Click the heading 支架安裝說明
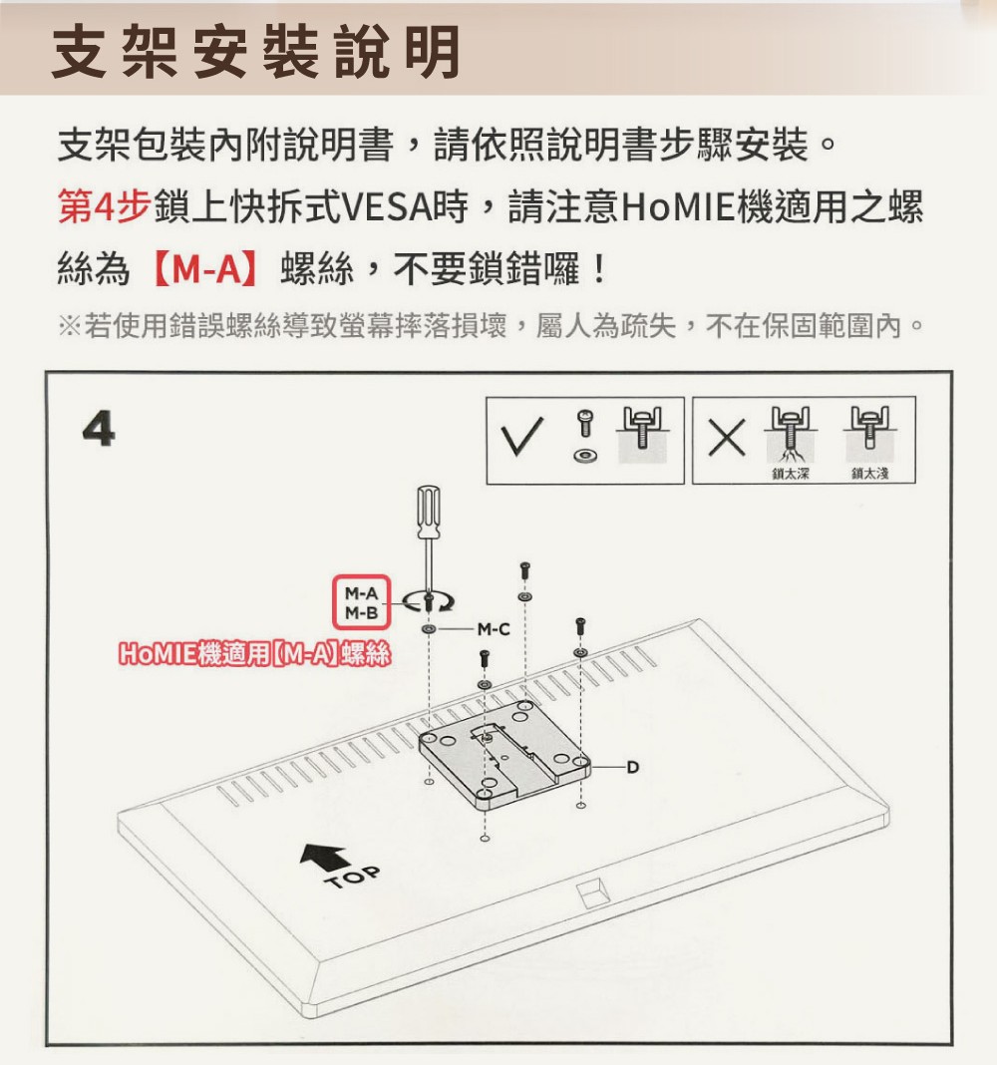256,52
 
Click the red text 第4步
104,206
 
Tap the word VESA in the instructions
386,207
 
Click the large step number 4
99,429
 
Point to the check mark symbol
521,436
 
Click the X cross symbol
727,438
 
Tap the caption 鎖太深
791,474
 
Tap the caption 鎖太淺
870,474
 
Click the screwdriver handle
428,511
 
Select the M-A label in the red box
361,593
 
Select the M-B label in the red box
361,613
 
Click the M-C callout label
494,629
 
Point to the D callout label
632,768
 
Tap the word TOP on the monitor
353,878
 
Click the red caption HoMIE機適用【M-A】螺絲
254,653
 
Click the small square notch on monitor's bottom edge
590,893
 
